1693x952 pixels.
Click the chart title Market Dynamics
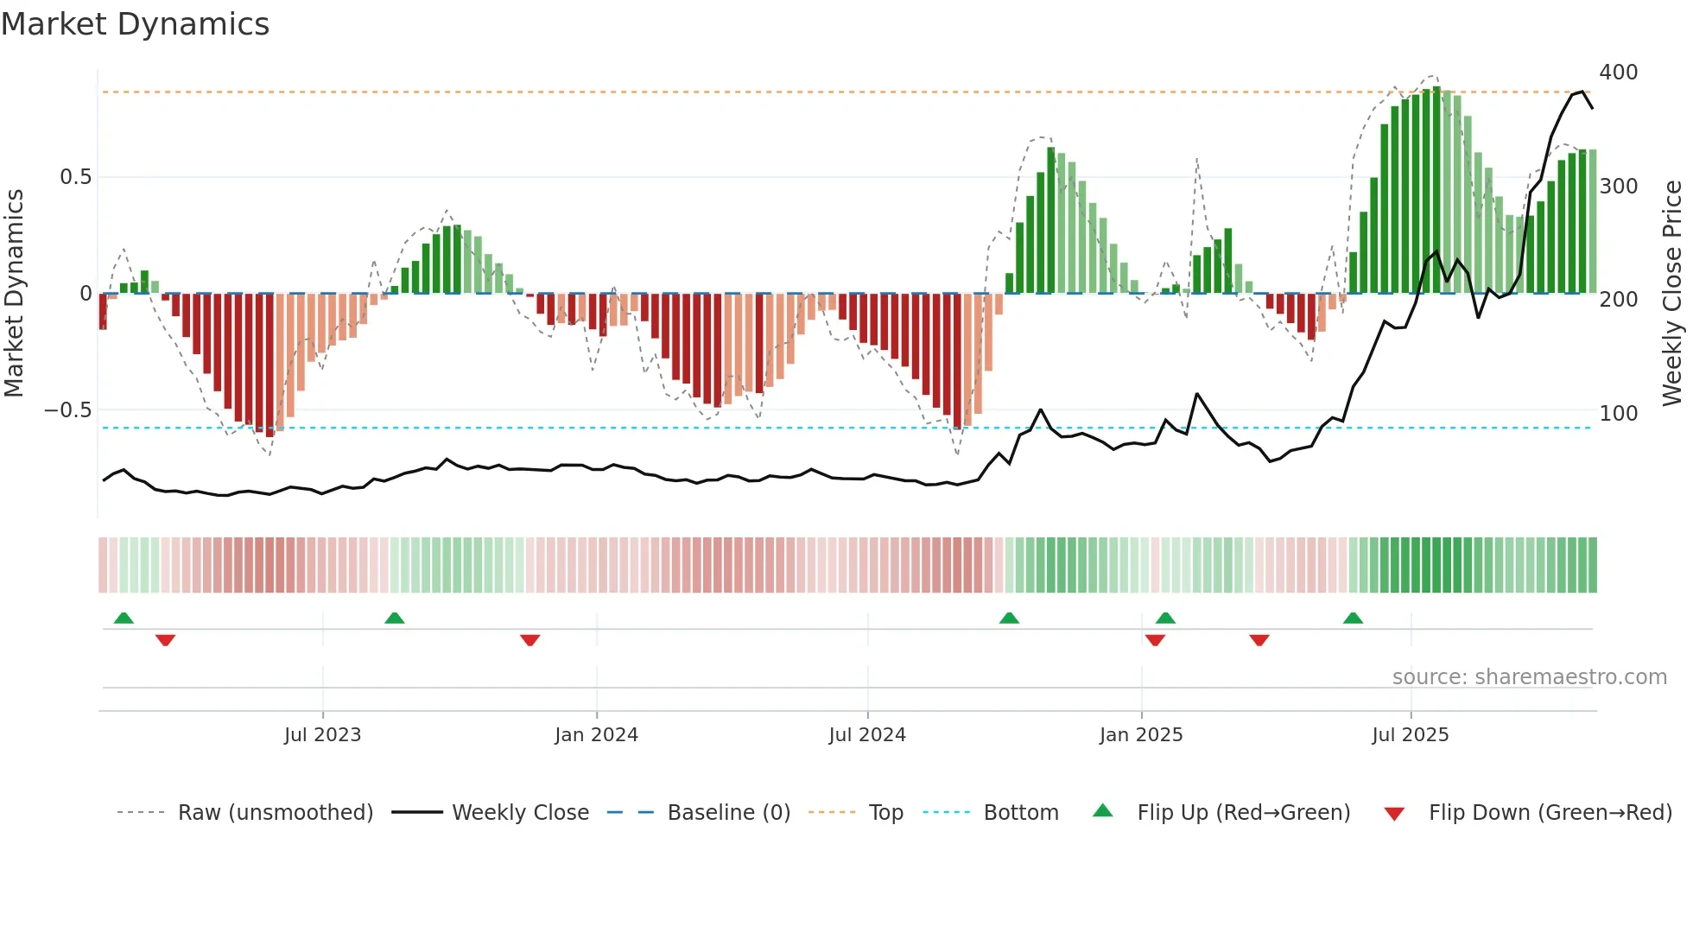136,24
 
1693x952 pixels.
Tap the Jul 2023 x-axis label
322,735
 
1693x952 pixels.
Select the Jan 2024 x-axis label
596,735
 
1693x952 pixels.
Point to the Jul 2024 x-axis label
867,735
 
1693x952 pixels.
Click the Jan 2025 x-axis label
1141,735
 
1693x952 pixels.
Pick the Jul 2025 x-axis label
1411,735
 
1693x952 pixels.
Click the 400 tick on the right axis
1618,73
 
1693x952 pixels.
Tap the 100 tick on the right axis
1618,414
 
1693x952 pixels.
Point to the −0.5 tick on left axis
67,410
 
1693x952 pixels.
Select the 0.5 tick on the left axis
75,177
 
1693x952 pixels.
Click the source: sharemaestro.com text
1529,677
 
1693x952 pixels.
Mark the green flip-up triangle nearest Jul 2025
1353,618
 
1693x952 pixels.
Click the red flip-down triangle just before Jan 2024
530,640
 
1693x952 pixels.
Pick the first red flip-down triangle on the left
166,640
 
